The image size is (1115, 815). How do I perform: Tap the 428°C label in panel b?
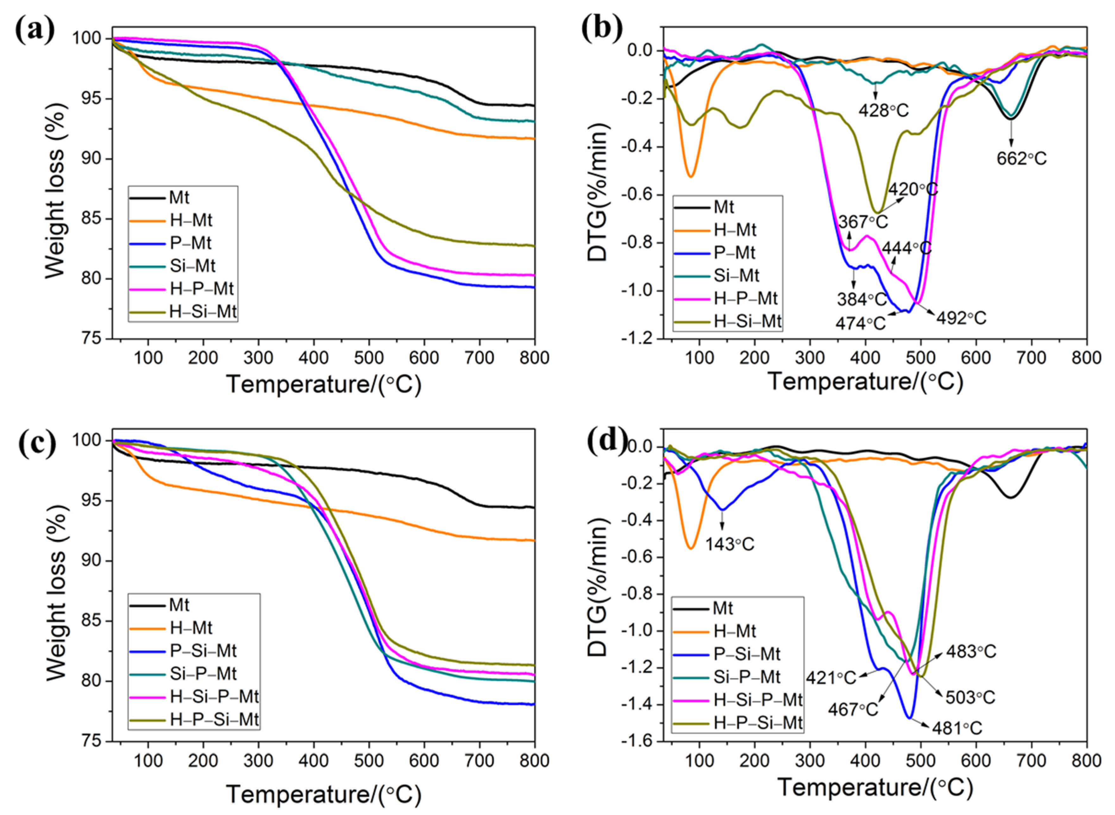[x=884, y=110]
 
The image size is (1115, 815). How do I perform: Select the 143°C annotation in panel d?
[x=729, y=544]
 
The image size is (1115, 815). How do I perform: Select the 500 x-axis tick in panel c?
[x=369, y=761]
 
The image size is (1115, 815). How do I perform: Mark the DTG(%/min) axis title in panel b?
[x=598, y=192]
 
